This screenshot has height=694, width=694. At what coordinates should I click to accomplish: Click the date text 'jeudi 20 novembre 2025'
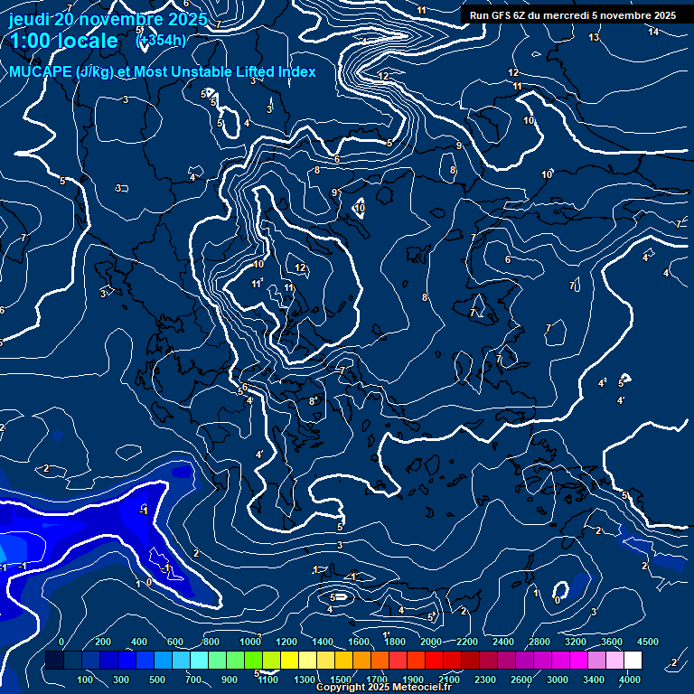point(107,19)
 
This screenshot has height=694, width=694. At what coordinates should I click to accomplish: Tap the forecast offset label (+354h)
point(161,40)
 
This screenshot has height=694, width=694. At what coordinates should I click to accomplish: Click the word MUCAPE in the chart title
point(42,71)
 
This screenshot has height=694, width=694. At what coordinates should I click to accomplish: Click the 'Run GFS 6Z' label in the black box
point(498,15)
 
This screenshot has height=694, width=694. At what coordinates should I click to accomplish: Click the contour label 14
point(653,32)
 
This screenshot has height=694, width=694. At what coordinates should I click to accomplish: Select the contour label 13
point(594,37)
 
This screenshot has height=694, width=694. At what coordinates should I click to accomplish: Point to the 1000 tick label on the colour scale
point(249,642)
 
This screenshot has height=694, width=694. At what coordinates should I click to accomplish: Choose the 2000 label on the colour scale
point(430,642)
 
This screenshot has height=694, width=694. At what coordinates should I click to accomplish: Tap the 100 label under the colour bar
point(86,680)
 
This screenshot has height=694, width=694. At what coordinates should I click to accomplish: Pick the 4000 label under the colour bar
point(630,680)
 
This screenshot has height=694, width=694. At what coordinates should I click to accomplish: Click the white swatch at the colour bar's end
point(633,661)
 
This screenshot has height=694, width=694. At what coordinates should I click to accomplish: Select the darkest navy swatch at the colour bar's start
point(53,661)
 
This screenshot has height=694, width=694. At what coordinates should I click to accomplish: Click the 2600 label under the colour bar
point(521,680)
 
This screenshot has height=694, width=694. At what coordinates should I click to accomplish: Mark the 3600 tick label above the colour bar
point(612,642)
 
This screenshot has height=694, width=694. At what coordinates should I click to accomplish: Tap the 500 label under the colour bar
point(158,680)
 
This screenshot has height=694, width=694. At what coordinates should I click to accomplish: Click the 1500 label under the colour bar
point(341,680)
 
